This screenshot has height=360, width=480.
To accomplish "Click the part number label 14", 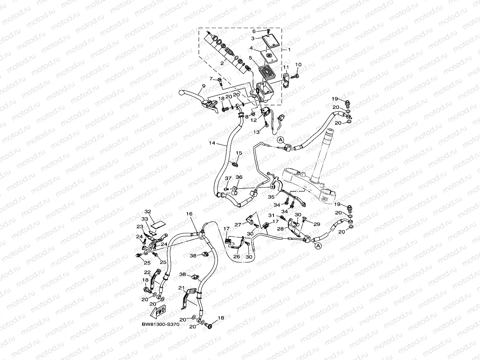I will [x=211, y=144].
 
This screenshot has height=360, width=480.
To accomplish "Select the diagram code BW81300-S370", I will [x=160, y=324].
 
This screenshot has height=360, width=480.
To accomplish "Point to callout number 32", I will [x=148, y=211].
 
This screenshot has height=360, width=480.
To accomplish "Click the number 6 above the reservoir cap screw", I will [x=254, y=31].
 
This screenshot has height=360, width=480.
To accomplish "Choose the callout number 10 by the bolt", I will [x=299, y=64].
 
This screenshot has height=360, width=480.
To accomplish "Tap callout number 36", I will [x=239, y=177].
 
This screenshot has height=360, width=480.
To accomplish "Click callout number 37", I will [x=228, y=178].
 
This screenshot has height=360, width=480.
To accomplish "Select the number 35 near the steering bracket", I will [x=271, y=196].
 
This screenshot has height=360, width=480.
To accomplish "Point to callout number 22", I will [x=147, y=272].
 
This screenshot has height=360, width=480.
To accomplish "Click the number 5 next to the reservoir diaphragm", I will [x=250, y=58].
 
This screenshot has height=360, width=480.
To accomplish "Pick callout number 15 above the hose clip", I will [x=239, y=153].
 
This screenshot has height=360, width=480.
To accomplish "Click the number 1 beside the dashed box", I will [x=289, y=50].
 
